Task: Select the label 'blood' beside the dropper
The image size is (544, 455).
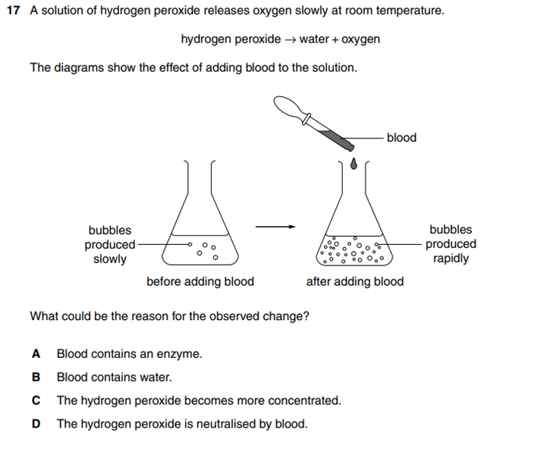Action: [401, 137]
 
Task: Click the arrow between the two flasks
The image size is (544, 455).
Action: [274, 225]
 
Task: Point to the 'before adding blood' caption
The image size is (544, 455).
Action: [200, 281]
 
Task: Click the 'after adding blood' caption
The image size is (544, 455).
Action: [354, 281]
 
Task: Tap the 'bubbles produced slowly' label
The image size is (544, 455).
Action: [109, 244]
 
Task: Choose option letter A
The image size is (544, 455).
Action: [36, 353]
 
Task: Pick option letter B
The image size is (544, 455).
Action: [36, 377]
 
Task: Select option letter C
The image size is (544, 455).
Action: [36, 400]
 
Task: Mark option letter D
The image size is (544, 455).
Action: [36, 423]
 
